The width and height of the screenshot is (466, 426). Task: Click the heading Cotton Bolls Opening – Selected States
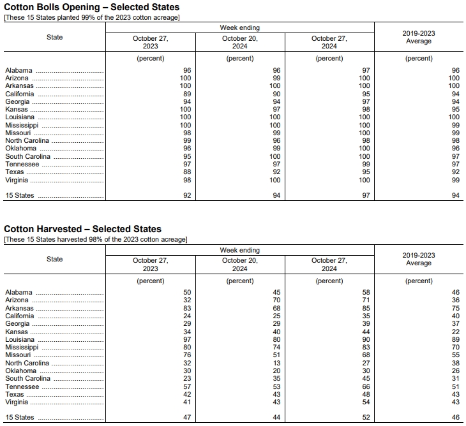[x=92, y=7]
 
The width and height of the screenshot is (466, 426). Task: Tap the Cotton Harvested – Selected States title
[x=82, y=229]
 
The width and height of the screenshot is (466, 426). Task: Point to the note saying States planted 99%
[x=92, y=17]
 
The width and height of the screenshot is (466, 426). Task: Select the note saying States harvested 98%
[x=96, y=239]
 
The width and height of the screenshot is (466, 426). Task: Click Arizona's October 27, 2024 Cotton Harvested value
[x=365, y=300]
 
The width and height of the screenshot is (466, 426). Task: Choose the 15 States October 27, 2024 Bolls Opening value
[x=365, y=196]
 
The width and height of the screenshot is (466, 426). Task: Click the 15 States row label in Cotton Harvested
[x=20, y=418]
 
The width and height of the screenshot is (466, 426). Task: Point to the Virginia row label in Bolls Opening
[x=17, y=180]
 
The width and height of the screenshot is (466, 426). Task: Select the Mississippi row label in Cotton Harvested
[x=22, y=348]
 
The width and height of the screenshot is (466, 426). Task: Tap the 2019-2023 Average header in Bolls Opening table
[x=419, y=37]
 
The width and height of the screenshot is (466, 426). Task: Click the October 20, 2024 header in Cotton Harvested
[x=240, y=264]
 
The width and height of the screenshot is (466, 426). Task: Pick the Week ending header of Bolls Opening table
[x=240, y=28]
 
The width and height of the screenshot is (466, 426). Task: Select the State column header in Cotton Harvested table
[x=55, y=259]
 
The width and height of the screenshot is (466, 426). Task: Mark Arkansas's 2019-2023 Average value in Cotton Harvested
[x=455, y=308]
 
